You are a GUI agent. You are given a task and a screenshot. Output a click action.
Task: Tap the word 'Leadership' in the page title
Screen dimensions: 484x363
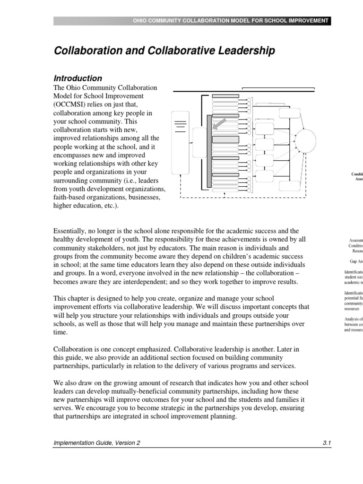(x=247, y=51)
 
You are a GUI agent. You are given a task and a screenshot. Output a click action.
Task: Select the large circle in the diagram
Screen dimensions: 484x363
(x=305, y=139)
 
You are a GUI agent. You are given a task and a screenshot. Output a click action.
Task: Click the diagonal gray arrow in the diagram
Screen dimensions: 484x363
(x=219, y=124)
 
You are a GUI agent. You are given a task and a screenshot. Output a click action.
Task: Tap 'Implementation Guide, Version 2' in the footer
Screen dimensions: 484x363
(x=96, y=443)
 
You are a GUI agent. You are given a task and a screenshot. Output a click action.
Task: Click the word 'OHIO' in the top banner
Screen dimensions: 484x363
(x=141, y=21)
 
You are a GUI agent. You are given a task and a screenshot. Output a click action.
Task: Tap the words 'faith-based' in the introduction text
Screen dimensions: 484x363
(x=70, y=197)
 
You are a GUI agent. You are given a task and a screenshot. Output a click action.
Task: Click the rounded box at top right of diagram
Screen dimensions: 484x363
(x=289, y=113)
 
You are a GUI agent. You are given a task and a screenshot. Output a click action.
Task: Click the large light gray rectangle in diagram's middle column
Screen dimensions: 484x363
(x=225, y=139)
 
